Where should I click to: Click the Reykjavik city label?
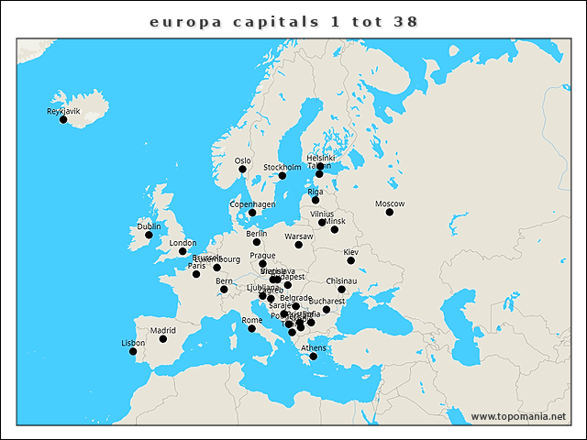(x=63, y=111)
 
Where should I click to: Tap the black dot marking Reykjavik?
(x=63, y=120)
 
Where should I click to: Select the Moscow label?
(x=390, y=203)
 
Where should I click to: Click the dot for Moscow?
(x=390, y=213)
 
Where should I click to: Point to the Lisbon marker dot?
(x=133, y=352)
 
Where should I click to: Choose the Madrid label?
(x=162, y=330)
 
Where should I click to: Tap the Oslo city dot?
(x=243, y=170)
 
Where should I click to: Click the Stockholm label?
(x=282, y=167)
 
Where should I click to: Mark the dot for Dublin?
(x=149, y=236)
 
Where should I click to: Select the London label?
(x=183, y=243)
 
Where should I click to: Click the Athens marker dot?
(x=314, y=357)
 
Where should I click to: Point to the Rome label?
(x=251, y=320)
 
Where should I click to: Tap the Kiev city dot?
(x=350, y=260)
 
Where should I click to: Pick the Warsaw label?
(x=299, y=236)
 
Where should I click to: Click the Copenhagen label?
(x=252, y=203)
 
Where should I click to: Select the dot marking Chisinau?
(x=341, y=290)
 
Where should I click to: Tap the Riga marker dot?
(x=316, y=200)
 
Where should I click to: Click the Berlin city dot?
(x=257, y=243)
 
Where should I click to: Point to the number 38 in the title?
(x=405, y=20)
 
